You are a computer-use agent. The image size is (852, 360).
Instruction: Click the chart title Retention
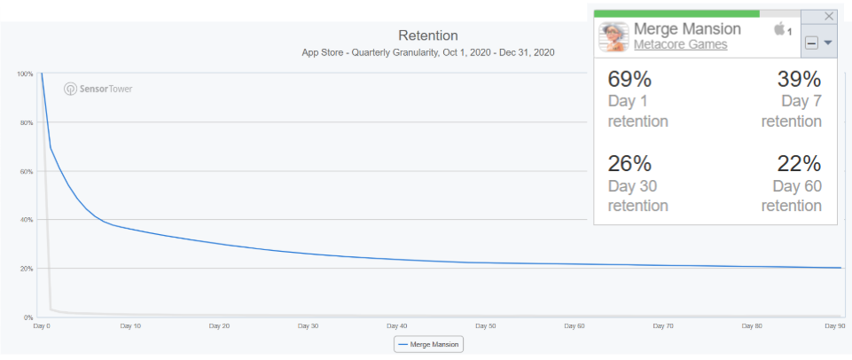428,36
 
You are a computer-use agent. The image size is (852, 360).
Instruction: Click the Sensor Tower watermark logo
98,89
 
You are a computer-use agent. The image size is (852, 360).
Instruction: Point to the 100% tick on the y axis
25,74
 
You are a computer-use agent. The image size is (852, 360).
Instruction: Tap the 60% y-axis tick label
27,171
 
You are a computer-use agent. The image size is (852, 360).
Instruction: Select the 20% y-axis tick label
27,269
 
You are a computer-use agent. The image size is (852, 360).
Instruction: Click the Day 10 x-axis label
130,326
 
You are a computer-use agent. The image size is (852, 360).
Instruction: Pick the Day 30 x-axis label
307,326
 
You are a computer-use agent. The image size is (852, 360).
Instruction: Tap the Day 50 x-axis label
485,326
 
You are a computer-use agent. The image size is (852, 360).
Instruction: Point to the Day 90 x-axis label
834,326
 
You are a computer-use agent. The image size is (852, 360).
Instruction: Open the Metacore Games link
680,44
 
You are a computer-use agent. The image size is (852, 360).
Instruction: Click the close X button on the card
829,16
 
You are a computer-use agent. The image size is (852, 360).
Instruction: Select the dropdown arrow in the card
828,43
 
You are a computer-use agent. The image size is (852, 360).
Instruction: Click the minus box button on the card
811,43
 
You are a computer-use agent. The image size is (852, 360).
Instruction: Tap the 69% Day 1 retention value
629,78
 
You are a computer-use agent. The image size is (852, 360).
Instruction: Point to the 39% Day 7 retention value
799,78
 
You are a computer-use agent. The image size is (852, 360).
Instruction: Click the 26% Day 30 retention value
629,163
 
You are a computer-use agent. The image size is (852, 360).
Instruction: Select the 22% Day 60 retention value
799,163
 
